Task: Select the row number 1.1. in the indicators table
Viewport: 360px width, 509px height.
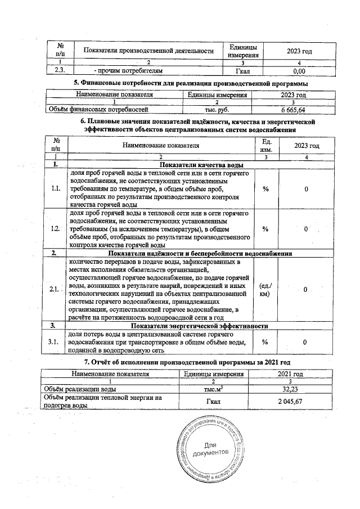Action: pos(55,189)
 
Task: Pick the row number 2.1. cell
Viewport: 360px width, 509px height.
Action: pos(55,289)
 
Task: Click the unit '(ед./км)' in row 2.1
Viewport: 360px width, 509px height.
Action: pos(264,289)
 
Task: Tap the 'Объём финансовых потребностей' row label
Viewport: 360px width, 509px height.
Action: pos(98,110)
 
